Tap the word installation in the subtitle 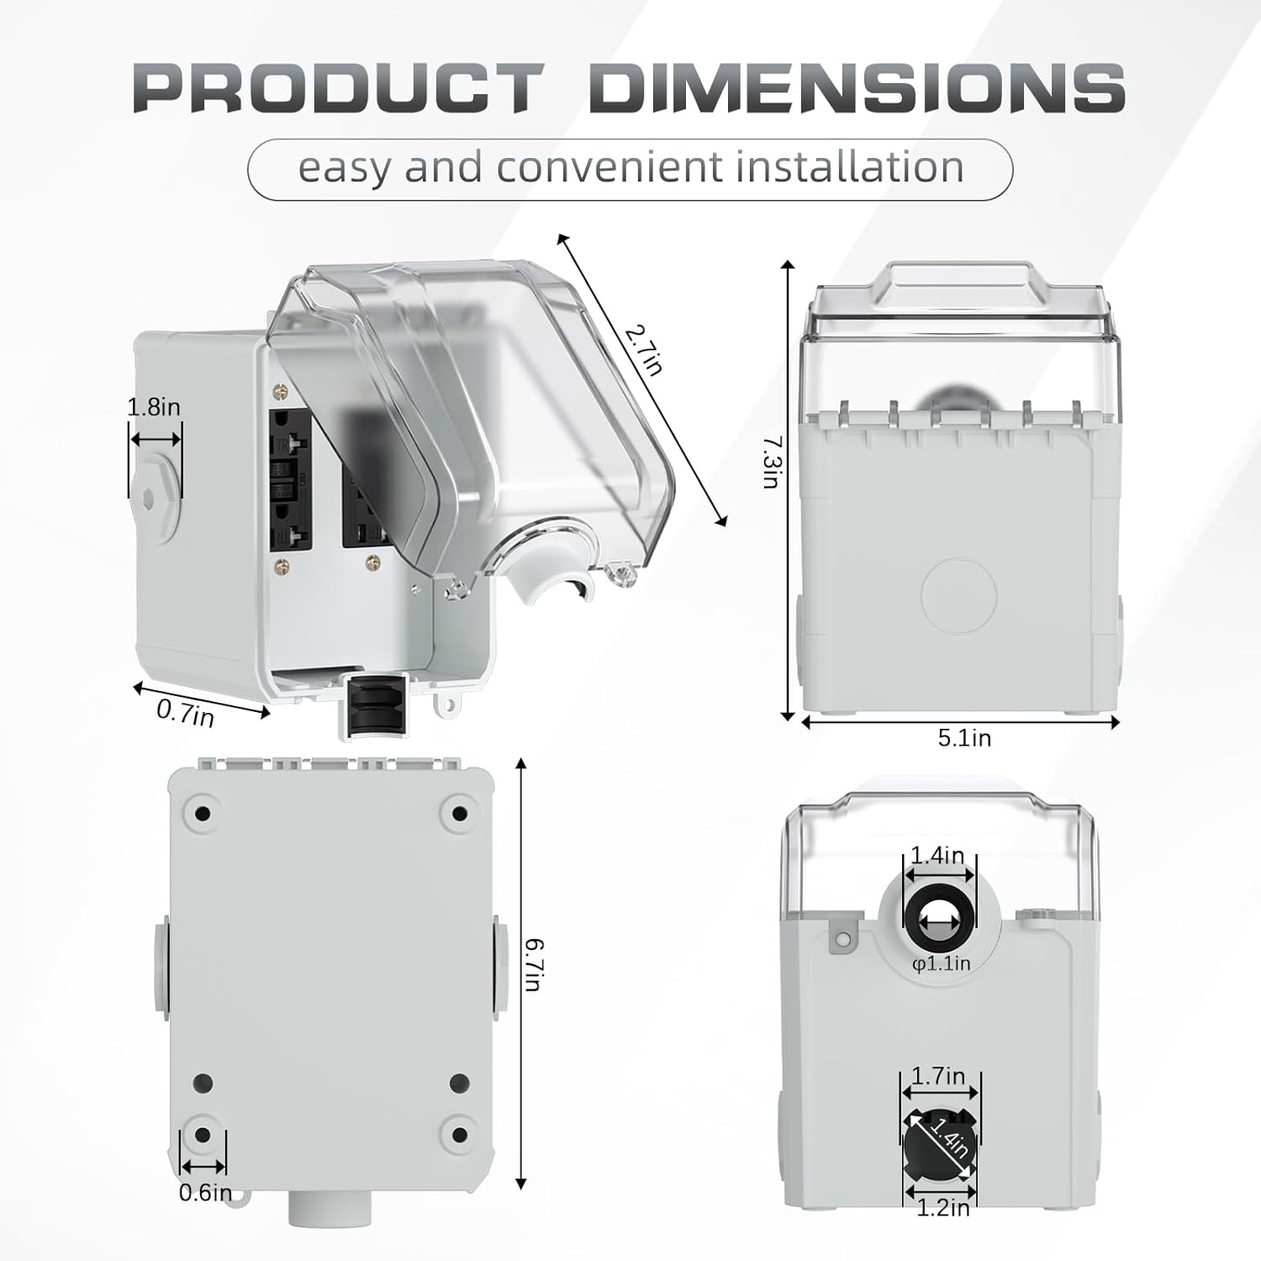pos(849,166)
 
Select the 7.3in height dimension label pos(771,462)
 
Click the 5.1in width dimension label pos(964,738)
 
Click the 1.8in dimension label pos(154,408)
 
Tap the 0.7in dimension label pos(185,715)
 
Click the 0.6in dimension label pos(204,1192)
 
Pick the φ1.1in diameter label pos(941,963)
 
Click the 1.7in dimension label pos(938,1076)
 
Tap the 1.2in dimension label pos(942,1208)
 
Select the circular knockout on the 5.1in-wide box pos(959,596)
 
